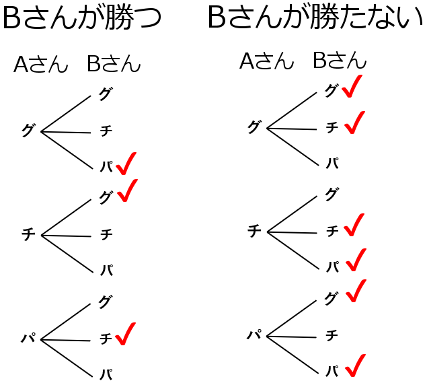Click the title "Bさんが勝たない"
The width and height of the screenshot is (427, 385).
(x=315, y=18)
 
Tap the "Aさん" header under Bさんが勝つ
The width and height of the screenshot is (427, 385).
(x=41, y=65)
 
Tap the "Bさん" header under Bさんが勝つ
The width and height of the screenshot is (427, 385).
(x=114, y=65)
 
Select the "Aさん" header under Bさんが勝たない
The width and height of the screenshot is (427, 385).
(x=267, y=61)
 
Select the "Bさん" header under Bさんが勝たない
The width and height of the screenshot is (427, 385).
(x=340, y=61)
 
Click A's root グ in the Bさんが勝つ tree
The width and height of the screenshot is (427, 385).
(x=28, y=131)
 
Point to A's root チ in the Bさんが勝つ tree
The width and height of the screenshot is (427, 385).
(x=28, y=234)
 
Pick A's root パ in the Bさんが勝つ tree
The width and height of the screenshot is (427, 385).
(x=28, y=339)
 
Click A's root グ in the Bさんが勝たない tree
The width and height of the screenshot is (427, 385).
(x=254, y=127)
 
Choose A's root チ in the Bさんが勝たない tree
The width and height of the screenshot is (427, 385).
(x=254, y=231)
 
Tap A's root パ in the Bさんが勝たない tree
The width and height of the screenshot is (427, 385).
(x=254, y=335)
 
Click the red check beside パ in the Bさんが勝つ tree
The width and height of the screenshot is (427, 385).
(x=126, y=164)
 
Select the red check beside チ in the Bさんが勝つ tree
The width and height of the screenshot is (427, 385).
(x=125, y=334)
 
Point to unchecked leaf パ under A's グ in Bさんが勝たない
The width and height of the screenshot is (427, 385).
(x=332, y=163)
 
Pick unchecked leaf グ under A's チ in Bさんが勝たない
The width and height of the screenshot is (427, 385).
(x=332, y=195)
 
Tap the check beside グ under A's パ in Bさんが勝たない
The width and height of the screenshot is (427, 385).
(x=354, y=291)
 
